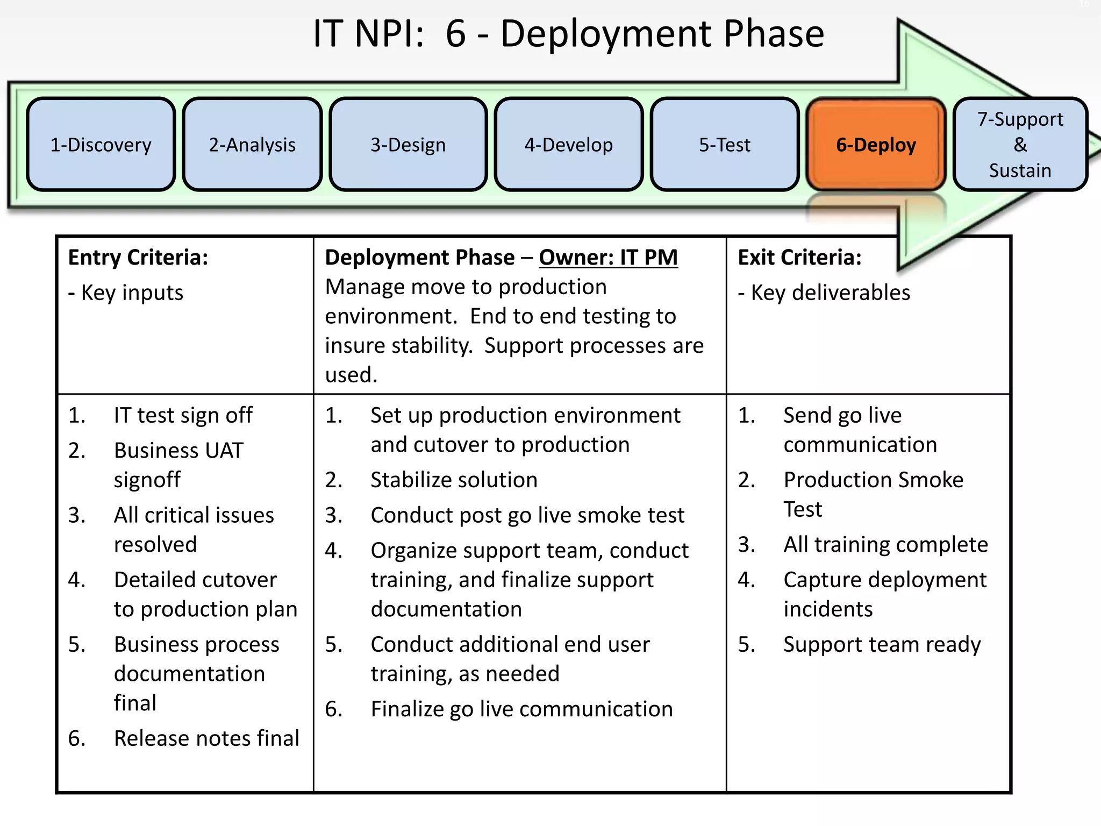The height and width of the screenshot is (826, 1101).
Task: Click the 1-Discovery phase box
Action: click(x=101, y=145)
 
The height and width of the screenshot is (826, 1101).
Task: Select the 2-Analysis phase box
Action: click(x=252, y=145)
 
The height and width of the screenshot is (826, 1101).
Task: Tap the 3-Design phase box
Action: click(x=408, y=145)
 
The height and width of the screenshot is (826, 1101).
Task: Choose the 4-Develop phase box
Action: click(x=568, y=145)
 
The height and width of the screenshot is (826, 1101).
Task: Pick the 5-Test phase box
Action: click(x=724, y=145)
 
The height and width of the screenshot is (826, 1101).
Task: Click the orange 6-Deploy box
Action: click(x=876, y=145)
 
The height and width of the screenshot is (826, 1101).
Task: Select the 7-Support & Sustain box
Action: click(x=1020, y=145)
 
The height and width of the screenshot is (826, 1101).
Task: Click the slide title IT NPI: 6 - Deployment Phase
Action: click(x=568, y=34)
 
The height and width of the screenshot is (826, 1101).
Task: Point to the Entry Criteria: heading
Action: click(x=138, y=258)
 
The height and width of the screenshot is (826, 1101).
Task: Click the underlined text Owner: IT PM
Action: click(x=608, y=258)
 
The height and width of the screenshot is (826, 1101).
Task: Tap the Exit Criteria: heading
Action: click(x=799, y=258)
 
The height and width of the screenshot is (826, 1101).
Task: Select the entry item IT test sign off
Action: click(x=183, y=416)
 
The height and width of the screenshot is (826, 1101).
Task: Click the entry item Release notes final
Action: click(x=206, y=738)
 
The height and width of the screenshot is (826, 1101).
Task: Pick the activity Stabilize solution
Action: click(x=454, y=480)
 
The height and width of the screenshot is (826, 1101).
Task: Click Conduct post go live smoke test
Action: click(x=527, y=515)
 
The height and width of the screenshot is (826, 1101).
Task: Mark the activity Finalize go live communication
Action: click(x=521, y=709)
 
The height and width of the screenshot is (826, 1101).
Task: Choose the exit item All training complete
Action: click(x=885, y=545)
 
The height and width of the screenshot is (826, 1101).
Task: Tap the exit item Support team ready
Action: click(x=882, y=644)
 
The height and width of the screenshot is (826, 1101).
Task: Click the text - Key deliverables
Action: click(x=824, y=293)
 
